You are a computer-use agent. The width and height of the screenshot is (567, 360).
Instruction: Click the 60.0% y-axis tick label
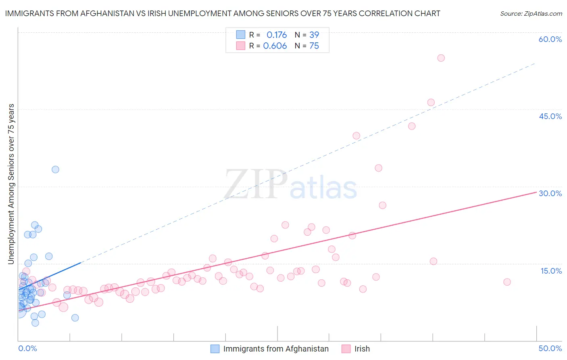pyautogui.click(x=550, y=39)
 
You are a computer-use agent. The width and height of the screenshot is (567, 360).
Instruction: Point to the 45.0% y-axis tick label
pyautogui.click(x=550, y=116)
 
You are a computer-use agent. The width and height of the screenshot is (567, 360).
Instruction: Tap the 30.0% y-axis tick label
pyautogui.click(x=550, y=193)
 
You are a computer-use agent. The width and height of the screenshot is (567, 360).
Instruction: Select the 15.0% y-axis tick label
pyautogui.click(x=551, y=271)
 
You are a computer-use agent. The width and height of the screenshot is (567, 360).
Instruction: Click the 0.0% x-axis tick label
pyautogui.click(x=27, y=348)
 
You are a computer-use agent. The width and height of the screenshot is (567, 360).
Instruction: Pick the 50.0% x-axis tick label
pyautogui.click(x=550, y=348)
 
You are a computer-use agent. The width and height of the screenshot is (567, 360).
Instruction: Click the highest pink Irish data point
pyautogui.click(x=441, y=58)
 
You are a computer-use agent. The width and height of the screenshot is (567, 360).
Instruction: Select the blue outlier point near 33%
pyautogui.click(x=56, y=170)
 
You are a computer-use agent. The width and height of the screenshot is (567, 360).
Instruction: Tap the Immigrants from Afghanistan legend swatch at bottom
pyautogui.click(x=215, y=349)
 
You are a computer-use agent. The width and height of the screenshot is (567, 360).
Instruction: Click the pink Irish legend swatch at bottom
pyautogui.click(x=346, y=349)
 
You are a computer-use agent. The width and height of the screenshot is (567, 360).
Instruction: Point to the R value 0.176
pyautogui.click(x=277, y=35)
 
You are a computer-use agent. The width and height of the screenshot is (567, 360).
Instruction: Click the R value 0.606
pyautogui.click(x=275, y=46)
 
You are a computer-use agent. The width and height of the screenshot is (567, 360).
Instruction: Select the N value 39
pyautogui.click(x=314, y=35)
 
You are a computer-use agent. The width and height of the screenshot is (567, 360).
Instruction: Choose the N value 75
pyautogui.click(x=314, y=46)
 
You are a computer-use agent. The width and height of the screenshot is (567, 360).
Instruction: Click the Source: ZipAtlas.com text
pyautogui.click(x=531, y=14)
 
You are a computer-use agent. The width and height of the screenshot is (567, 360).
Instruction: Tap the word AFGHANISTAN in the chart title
pyautogui.click(x=107, y=13)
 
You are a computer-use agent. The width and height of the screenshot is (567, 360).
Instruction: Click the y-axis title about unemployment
pyautogui.click(x=11, y=184)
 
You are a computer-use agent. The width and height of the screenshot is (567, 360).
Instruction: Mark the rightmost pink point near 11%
pyautogui.click(x=507, y=282)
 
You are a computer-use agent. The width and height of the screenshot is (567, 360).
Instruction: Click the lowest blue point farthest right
pyautogui.click(x=75, y=318)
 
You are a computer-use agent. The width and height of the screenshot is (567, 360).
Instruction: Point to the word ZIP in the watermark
pyautogui.click(x=255, y=184)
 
